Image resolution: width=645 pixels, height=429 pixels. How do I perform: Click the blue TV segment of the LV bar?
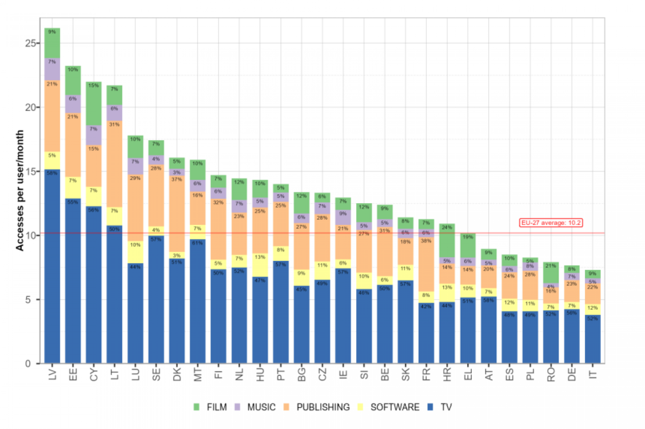click(x=52, y=266)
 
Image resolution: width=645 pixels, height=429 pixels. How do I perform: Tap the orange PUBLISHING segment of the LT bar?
click(x=114, y=164)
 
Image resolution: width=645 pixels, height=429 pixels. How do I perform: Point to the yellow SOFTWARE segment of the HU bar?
click(x=260, y=265)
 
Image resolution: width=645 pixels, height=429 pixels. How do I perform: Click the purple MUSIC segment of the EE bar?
click(x=73, y=104)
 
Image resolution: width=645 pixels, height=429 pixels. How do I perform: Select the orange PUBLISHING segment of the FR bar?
click(x=426, y=264)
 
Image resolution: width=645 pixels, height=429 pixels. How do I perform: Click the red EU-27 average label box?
click(x=551, y=223)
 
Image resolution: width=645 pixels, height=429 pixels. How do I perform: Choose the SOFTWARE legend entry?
click(x=389, y=407)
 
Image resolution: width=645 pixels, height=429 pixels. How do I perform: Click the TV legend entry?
click(x=440, y=407)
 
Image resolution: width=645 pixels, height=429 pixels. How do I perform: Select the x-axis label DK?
click(x=177, y=374)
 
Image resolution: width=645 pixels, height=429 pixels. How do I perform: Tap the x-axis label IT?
click(x=593, y=374)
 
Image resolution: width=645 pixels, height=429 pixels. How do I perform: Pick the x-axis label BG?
click(x=302, y=374)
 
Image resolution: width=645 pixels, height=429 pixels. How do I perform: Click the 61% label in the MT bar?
click(x=197, y=243)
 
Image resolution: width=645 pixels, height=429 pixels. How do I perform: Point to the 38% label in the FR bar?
click(x=426, y=241)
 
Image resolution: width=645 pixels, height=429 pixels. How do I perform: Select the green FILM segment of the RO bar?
click(x=551, y=273)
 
